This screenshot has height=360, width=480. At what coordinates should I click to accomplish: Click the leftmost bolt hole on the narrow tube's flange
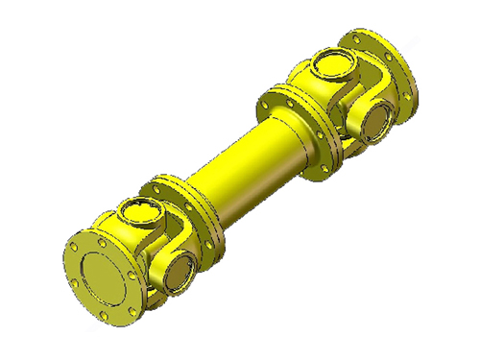click(153, 184)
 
